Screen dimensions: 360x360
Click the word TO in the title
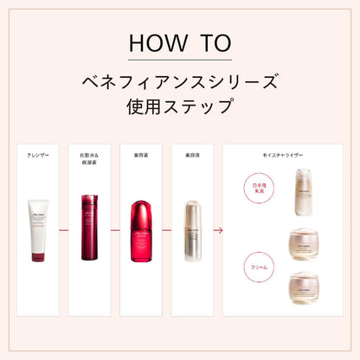(x=210, y=42)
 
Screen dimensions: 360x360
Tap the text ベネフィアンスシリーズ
(x=179, y=83)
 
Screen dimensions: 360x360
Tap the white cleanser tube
(x=38, y=229)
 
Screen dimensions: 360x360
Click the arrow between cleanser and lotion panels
(x=64, y=231)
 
